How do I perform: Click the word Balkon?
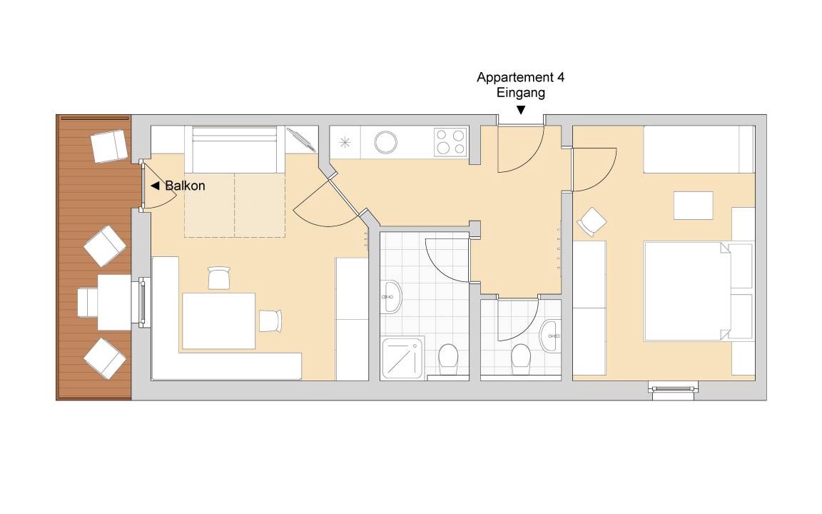[x=185, y=186]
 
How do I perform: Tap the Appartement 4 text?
[x=521, y=78]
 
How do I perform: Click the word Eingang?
[x=521, y=93]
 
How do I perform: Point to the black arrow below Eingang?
[x=521, y=110]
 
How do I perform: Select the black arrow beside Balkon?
[x=155, y=186]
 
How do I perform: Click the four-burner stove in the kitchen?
[x=451, y=141]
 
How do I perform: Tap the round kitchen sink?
[x=385, y=142]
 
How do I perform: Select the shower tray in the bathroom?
[x=402, y=359]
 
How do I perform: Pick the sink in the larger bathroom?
[x=391, y=297]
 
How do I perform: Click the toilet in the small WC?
[x=521, y=359]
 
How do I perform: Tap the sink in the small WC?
[x=550, y=336]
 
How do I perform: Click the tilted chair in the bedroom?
[x=592, y=222]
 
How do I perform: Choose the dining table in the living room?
[x=218, y=321]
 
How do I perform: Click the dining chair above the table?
[x=219, y=278]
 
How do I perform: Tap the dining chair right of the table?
[x=270, y=321]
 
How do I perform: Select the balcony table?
[x=114, y=302]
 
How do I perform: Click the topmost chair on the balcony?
[x=110, y=146]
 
